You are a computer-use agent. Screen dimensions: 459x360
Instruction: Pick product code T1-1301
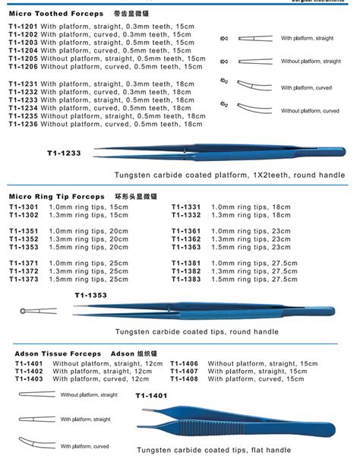(x=24, y=207)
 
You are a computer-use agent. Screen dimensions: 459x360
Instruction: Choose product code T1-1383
(x=186, y=280)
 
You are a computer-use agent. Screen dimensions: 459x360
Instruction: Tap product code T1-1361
(x=186, y=231)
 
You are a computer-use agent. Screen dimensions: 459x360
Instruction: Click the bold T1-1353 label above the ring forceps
(x=90, y=295)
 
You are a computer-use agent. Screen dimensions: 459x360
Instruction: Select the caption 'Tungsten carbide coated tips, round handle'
(x=197, y=331)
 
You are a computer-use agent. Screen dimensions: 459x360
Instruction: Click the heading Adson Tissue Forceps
(x=58, y=354)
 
